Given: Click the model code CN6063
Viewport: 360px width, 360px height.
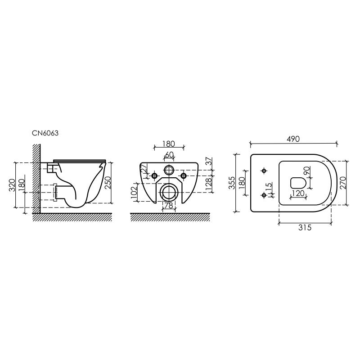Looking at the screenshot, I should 45,133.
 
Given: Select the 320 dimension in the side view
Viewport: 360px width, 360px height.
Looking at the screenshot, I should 12,184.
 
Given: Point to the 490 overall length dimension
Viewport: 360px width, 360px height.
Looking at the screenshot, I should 293,139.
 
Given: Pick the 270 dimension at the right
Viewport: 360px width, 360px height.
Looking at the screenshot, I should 343,182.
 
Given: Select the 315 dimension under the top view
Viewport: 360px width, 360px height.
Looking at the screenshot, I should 305,228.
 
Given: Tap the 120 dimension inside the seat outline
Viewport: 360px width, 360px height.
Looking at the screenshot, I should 298,193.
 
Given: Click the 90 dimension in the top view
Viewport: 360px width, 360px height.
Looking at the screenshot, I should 306,171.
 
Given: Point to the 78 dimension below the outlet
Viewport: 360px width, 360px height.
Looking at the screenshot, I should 168,206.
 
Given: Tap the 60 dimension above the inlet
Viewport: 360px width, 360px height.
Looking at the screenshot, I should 169,154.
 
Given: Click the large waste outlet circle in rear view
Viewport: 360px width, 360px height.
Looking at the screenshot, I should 169,192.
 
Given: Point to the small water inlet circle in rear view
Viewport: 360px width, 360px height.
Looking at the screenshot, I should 169,170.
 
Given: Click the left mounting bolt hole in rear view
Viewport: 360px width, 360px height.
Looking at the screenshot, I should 154,175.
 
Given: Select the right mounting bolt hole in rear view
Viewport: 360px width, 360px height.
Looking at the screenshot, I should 184,175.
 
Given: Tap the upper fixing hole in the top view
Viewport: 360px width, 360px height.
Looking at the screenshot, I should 264,171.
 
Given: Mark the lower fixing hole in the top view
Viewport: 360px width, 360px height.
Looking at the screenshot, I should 264,195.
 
